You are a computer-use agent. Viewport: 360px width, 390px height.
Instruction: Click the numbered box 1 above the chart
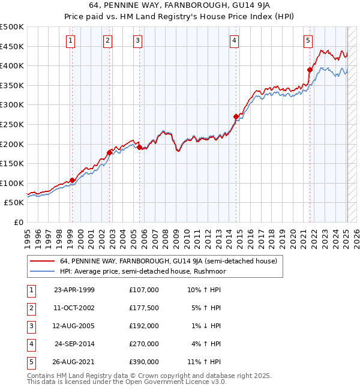(x=71, y=41)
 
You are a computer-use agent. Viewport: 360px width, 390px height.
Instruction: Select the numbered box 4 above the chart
(x=234, y=41)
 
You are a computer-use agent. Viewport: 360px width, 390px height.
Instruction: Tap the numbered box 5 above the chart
(x=308, y=41)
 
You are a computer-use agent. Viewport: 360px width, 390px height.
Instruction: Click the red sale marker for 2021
(x=310, y=70)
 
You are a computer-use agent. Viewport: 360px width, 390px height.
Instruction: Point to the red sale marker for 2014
(x=236, y=116)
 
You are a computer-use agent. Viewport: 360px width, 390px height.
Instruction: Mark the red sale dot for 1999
(x=72, y=180)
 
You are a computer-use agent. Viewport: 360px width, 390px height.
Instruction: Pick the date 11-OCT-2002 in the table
(x=74, y=308)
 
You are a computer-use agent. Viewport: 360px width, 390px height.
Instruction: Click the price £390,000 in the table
(x=144, y=362)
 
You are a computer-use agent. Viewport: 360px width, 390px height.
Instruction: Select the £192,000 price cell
(x=144, y=326)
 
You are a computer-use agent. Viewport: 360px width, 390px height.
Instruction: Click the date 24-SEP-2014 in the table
(x=74, y=344)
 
